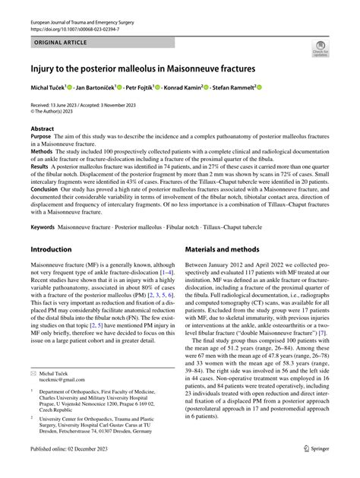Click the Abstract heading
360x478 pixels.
click(42, 130)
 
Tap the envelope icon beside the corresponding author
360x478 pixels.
click(33, 374)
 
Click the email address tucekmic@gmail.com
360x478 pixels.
click(64, 381)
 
